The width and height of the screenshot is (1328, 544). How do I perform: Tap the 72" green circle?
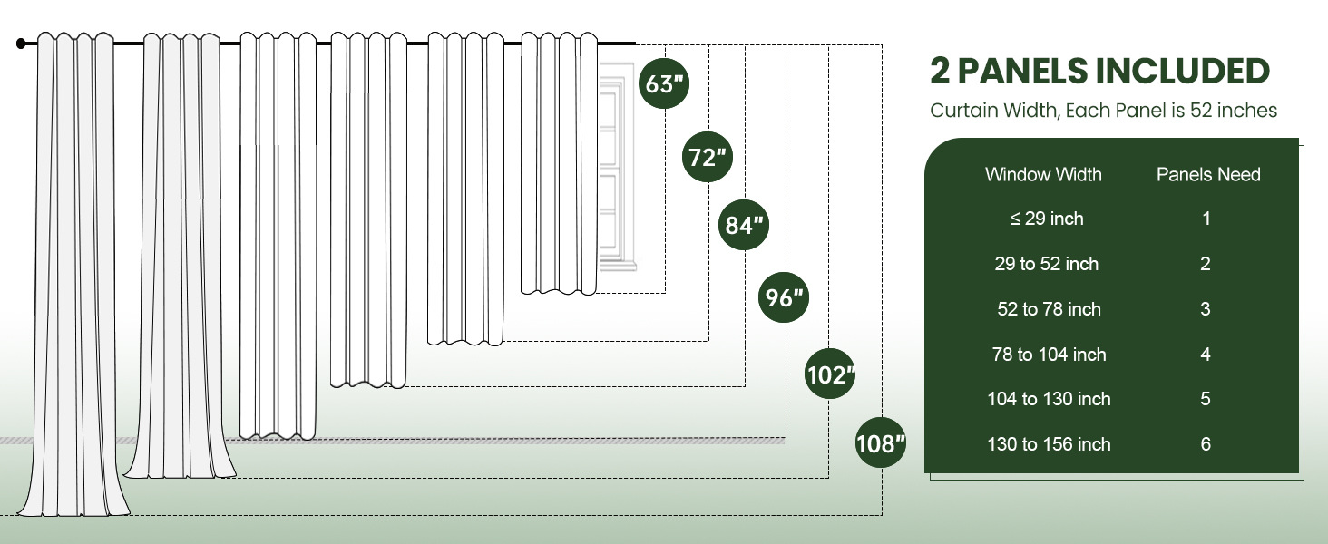coord(708,158)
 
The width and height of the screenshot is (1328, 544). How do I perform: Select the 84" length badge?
coord(745,226)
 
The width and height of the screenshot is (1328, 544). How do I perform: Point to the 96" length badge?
coord(785,296)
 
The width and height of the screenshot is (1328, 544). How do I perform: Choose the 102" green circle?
coord(830,374)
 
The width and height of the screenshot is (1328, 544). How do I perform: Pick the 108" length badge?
coord(881,443)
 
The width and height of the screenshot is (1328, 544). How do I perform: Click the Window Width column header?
coord(1043,174)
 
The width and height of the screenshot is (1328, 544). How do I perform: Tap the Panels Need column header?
coord(1208,174)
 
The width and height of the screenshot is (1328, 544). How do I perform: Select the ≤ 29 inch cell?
coord(1047,219)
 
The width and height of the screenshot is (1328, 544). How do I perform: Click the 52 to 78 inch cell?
coord(1049,309)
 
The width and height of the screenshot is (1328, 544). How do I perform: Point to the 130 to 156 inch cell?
coord(1049,444)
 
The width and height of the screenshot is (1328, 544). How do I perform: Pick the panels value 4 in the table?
coord(1206,355)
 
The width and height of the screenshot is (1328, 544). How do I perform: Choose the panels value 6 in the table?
coord(1206,444)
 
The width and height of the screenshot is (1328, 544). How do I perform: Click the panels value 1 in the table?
coord(1206,219)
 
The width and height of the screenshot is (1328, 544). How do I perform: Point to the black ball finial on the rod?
coord(22,43)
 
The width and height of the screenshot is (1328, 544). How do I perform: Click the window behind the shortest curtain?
coord(614,172)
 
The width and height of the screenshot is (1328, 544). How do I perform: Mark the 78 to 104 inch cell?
coord(1049,355)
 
